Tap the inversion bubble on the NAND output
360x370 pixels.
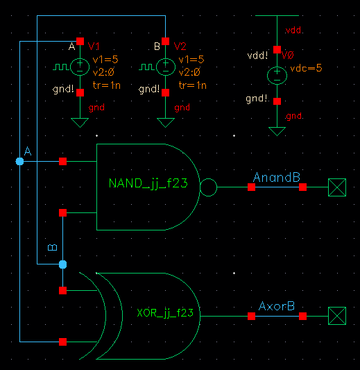[x=208, y=187]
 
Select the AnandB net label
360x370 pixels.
[x=276, y=178]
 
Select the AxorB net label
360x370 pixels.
[x=277, y=306]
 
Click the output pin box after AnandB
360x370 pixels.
[x=336, y=187]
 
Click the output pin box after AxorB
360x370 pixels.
[x=336, y=316]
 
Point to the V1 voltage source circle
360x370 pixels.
[x=80, y=67]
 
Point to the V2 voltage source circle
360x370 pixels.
[x=165, y=67]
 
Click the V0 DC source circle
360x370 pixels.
[x=277, y=75]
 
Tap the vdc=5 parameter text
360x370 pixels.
[x=306, y=68]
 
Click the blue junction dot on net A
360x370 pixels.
[x=19, y=161]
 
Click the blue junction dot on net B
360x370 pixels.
[x=63, y=264]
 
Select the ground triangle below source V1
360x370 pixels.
[x=80, y=123]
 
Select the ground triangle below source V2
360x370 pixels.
[x=165, y=123]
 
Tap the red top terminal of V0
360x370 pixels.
[x=277, y=49]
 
